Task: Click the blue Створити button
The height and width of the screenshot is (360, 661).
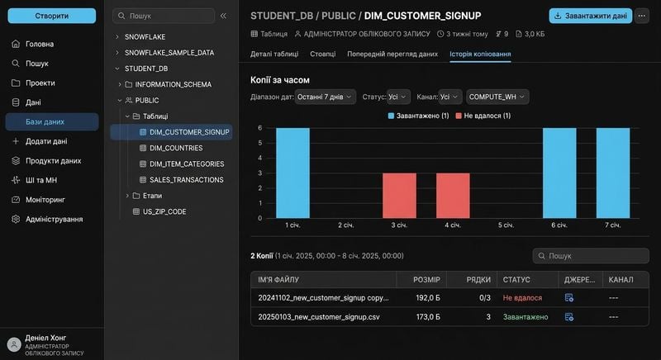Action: click(52, 16)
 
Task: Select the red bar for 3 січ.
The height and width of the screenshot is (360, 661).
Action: click(399, 196)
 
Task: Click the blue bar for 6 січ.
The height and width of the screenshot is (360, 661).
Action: click(559, 173)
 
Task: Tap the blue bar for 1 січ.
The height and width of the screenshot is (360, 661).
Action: click(292, 173)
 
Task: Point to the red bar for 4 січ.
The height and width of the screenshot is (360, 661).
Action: click(453, 196)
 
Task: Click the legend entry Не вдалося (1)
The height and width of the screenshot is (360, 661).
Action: click(483, 116)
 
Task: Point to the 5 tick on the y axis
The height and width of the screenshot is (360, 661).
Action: click(260, 143)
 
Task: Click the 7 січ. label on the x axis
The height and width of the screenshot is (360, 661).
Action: click(612, 225)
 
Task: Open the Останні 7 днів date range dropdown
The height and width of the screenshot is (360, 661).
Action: click(325, 97)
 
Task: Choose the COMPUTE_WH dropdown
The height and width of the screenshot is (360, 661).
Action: click(497, 97)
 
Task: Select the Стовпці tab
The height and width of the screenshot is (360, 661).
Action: click(323, 54)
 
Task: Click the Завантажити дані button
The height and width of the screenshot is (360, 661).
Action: click(591, 16)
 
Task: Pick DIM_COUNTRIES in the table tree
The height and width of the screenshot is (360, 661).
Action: click(176, 148)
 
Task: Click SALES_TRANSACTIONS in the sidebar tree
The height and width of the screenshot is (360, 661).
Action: click(187, 180)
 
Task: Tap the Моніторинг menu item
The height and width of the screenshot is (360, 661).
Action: click(45, 200)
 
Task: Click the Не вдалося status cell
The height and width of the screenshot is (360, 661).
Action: click(522, 298)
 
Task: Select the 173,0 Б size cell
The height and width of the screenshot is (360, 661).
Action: click(428, 317)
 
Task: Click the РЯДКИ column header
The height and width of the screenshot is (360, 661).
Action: click(478, 280)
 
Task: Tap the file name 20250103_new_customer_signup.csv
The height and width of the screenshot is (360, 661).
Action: click(319, 317)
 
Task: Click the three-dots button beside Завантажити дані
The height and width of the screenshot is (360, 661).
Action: click(642, 16)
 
